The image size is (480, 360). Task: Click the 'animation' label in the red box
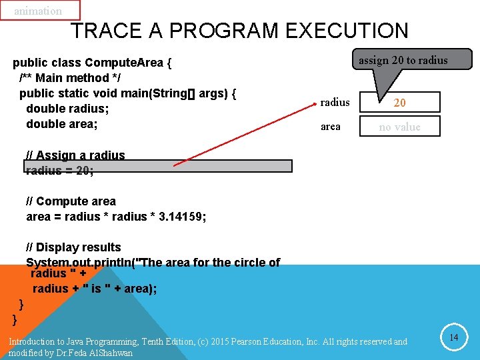point(38,11)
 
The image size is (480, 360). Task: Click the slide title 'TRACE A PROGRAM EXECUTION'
point(239,31)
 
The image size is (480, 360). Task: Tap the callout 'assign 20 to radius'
point(403,60)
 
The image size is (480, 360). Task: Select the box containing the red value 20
point(399,103)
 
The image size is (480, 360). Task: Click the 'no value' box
point(399,127)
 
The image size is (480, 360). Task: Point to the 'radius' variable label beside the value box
point(335,102)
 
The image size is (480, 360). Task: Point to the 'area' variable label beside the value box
point(330,127)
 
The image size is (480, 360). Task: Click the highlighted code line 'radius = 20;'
point(60,170)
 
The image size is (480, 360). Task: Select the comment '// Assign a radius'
point(75,155)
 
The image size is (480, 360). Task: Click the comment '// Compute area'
point(71,201)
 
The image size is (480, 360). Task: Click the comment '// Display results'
point(73,247)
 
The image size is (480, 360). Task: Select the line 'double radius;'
point(67,109)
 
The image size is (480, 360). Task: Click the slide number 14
point(453,338)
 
